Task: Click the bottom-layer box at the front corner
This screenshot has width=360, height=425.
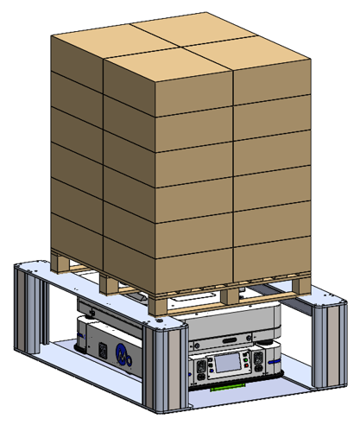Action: click(x=168, y=263)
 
